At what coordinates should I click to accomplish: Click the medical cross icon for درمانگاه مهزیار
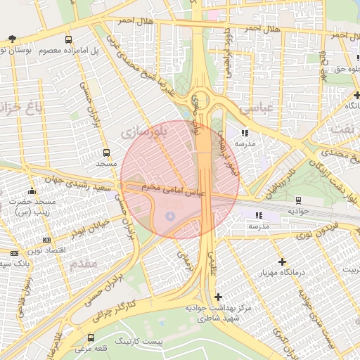[282, 262]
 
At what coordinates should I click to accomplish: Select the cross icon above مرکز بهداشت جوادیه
[218, 297]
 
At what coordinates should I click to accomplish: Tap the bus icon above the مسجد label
[106, 153]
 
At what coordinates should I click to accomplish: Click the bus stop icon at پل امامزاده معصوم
[68, 40]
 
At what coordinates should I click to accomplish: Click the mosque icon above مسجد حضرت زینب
[32, 191]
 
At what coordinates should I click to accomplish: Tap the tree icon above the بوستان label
[13, 38]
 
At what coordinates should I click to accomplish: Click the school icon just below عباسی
[245, 132]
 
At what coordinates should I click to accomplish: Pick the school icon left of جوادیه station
[258, 215]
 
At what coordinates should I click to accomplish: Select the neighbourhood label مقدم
[85, 265]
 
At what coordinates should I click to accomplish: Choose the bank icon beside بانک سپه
[14, 252]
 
